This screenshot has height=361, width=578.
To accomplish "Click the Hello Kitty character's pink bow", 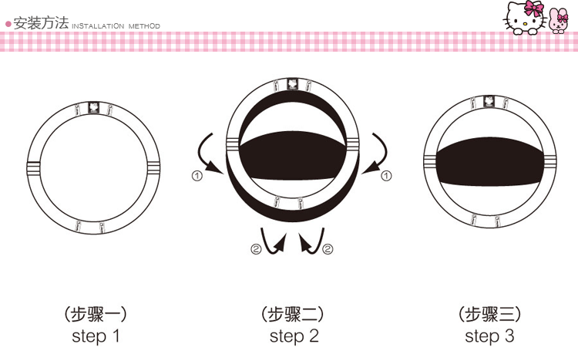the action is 533,8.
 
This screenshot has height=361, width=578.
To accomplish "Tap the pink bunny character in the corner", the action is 557,21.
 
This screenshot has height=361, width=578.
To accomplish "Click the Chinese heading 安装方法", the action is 41,23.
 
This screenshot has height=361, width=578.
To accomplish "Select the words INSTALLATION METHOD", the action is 116,25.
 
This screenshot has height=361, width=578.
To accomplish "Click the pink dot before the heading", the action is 8,25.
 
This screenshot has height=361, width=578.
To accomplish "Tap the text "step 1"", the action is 96,336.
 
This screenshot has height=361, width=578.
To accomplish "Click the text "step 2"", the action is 294,336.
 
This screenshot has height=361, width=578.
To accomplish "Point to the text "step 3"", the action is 489,336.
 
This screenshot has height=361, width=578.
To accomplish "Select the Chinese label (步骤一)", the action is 96,315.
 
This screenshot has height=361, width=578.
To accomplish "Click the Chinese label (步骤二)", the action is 293,315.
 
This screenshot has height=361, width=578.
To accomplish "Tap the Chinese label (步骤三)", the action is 490,315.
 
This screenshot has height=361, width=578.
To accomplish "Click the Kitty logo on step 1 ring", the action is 94,107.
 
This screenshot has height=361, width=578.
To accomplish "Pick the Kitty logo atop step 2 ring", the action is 293,84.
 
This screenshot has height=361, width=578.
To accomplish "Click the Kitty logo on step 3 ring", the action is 489,101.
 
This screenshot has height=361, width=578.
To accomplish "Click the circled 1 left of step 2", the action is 197,176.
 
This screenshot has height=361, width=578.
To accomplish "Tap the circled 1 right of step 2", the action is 386,176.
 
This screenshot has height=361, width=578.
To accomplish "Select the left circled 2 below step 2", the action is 256,249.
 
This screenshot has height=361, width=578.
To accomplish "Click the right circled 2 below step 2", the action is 328,249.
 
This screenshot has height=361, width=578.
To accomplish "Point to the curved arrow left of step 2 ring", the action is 200,155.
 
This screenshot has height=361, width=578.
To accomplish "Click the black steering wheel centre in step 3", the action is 490,162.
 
